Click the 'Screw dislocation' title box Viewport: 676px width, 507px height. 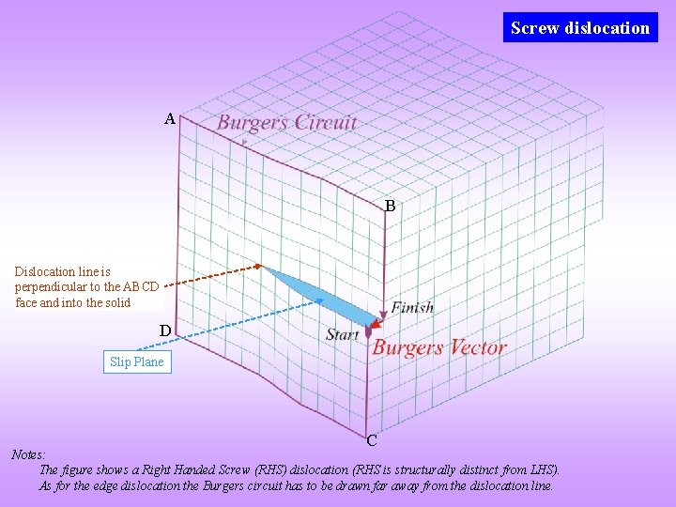click(x=579, y=27)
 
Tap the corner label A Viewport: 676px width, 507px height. click(x=169, y=119)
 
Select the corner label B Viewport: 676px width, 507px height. click(x=390, y=205)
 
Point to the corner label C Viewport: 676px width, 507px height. click(x=372, y=439)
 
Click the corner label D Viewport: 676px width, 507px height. click(x=164, y=330)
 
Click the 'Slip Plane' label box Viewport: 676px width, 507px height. click(x=136, y=361)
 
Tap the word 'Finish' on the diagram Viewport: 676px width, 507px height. click(x=412, y=307)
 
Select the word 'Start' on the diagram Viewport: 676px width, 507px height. click(x=342, y=334)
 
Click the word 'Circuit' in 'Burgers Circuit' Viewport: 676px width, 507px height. click(x=325, y=122)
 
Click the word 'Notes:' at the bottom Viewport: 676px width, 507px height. click(x=28, y=454)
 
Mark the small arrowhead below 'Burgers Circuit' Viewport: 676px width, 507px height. click(x=244, y=142)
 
